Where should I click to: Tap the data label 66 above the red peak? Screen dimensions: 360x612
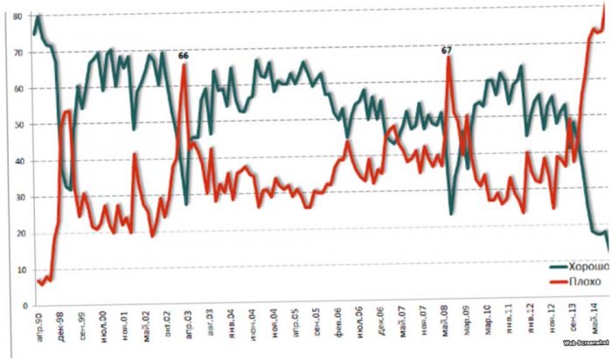click(184, 56)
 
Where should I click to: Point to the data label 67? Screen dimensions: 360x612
click(447, 51)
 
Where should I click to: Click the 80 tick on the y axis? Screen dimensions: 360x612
click(16, 6)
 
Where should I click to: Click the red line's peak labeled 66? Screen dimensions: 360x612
click(184, 65)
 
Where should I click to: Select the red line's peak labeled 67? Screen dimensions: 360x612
click(448, 59)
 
